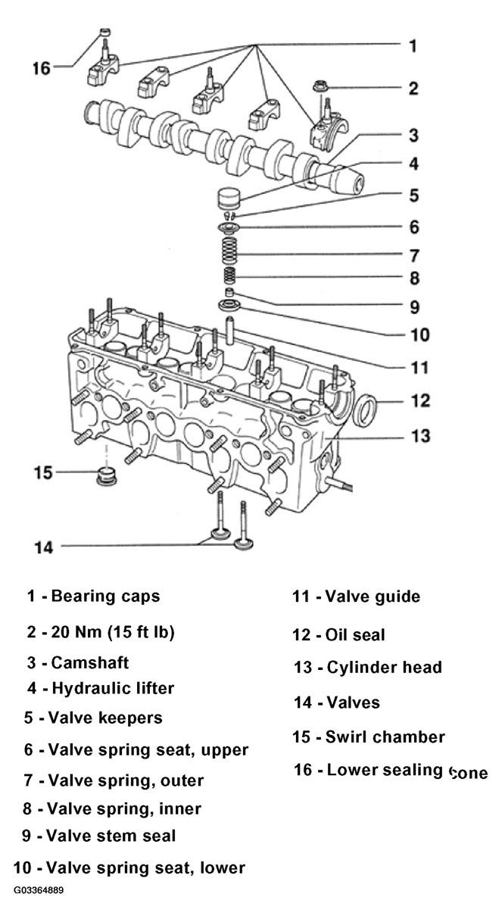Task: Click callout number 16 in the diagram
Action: tap(41, 68)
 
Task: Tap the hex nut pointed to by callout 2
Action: tap(320, 86)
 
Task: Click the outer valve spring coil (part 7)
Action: tap(229, 251)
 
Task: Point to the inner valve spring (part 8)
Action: tap(229, 276)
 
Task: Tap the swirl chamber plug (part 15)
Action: tap(106, 475)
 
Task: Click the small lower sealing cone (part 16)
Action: tap(106, 32)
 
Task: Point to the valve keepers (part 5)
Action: tap(229, 215)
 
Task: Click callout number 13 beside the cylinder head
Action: tap(420, 435)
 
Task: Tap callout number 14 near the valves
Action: tap(44, 547)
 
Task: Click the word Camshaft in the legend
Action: tap(90, 662)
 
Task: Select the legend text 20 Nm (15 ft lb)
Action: tap(112, 632)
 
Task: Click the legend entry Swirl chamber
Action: tap(385, 737)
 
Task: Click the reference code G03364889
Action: tap(39, 890)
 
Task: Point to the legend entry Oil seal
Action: tap(355, 635)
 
